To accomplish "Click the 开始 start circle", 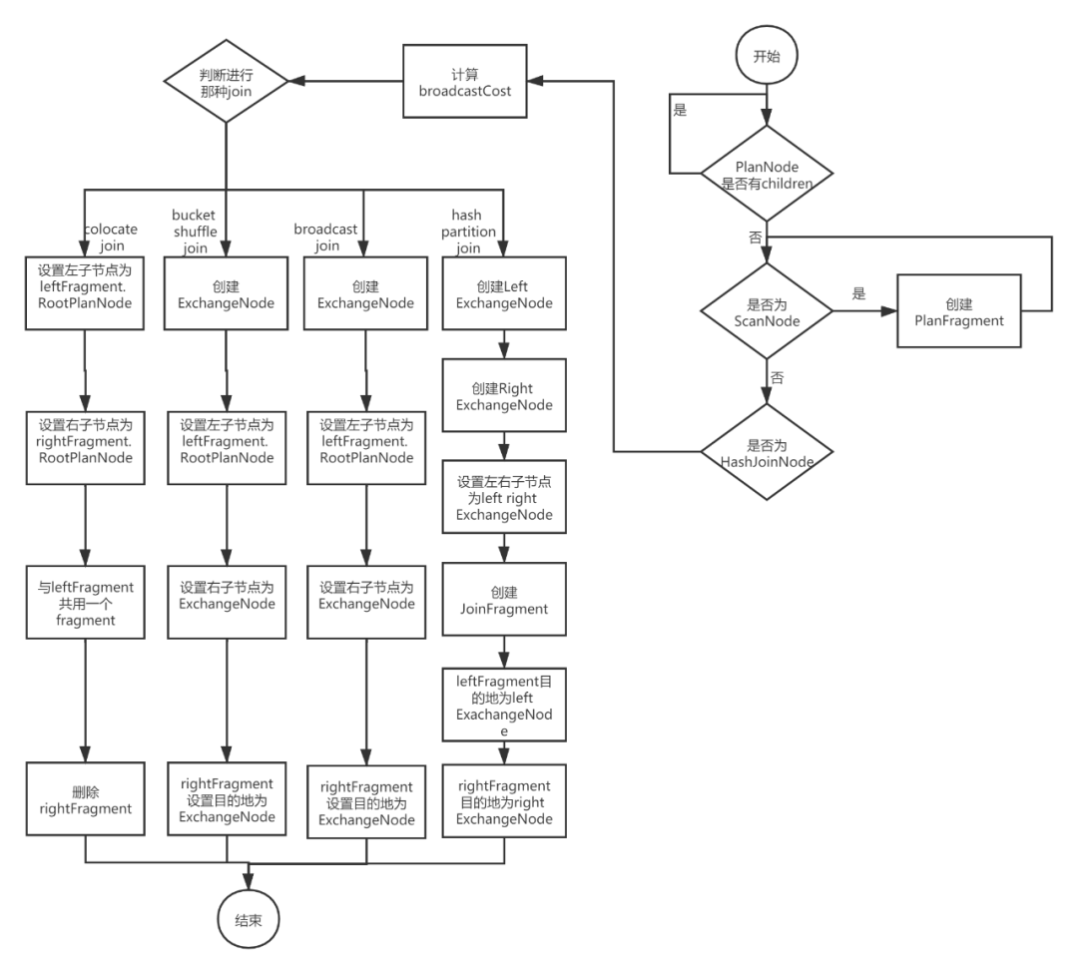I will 766,56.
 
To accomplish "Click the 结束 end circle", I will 249,920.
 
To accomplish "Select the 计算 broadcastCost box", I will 465,82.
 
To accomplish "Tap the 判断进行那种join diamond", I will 226,82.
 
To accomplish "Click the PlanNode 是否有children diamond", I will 766,175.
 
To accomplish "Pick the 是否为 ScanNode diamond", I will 767,312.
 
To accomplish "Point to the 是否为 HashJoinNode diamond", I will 767,452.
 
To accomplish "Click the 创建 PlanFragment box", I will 958,311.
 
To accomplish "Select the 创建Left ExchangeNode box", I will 504,295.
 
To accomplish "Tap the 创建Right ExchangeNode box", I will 504,396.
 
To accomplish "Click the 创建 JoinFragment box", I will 504,600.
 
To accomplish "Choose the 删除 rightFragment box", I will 86,800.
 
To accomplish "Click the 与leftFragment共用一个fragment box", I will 86,603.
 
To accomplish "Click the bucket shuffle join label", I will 195,232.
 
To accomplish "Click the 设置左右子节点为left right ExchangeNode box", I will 504,498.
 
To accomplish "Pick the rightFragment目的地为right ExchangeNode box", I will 504,801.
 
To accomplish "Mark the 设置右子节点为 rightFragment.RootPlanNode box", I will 86,440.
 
